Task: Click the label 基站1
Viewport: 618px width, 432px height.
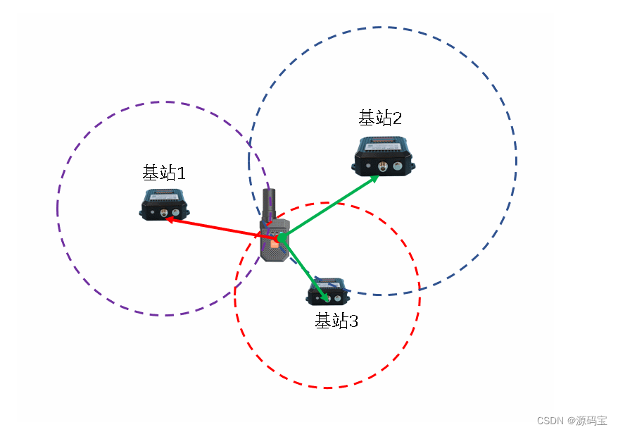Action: (164, 172)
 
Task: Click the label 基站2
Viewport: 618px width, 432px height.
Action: (380, 118)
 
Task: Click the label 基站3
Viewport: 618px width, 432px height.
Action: (336, 321)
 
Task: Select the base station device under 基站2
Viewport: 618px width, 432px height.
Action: (384, 156)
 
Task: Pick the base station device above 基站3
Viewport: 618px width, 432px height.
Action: (328, 291)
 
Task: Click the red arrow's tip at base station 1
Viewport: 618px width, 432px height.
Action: (168, 218)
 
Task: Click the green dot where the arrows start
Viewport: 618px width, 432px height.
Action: (281, 237)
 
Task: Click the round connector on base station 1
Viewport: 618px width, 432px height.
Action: (163, 212)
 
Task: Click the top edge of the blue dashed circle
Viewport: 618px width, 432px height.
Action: (381, 27)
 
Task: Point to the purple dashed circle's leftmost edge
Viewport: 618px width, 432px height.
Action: (57, 209)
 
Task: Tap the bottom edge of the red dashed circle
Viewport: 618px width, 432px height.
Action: (327, 388)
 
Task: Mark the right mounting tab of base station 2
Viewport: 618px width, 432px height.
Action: (413, 166)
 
